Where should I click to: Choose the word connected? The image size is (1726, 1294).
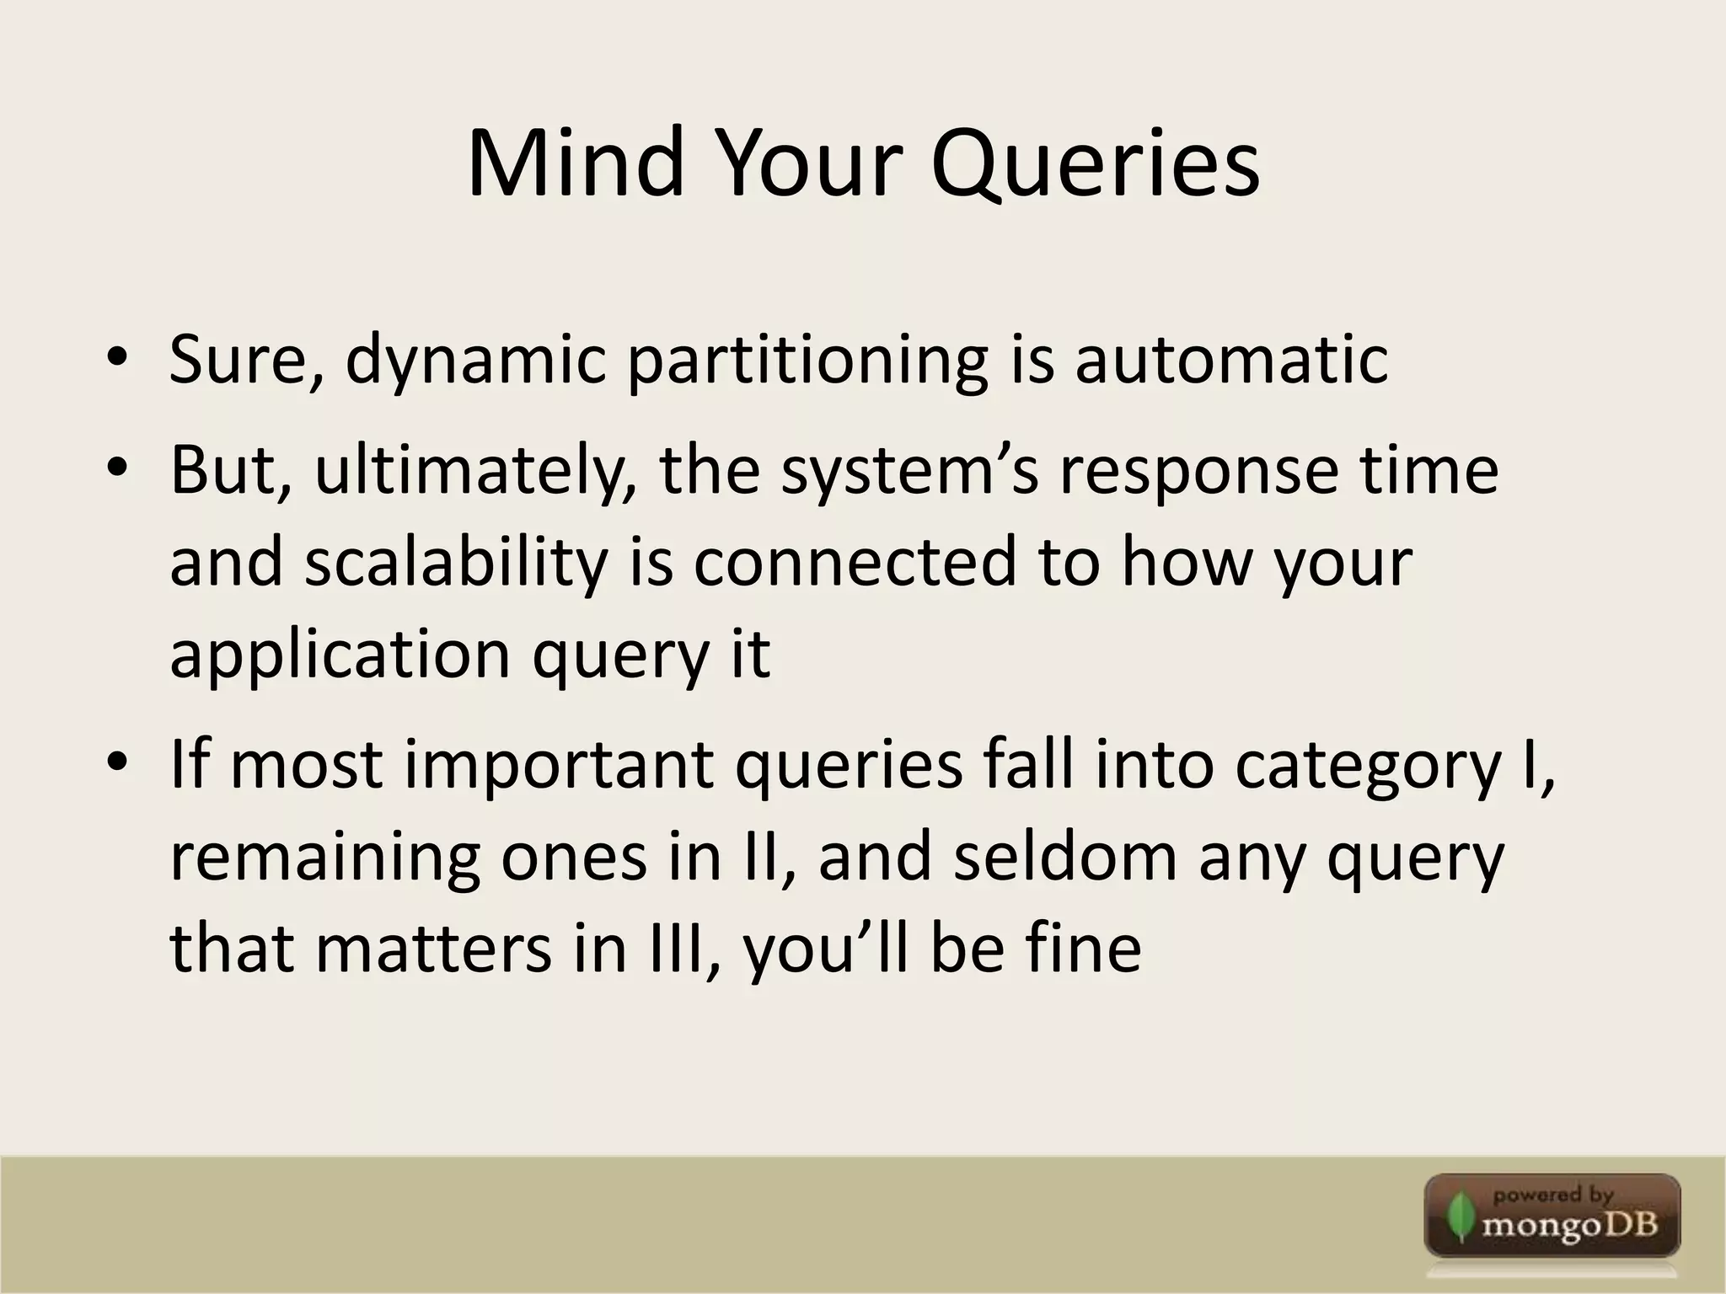pos(855,563)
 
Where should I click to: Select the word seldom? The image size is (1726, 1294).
pos(1064,858)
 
